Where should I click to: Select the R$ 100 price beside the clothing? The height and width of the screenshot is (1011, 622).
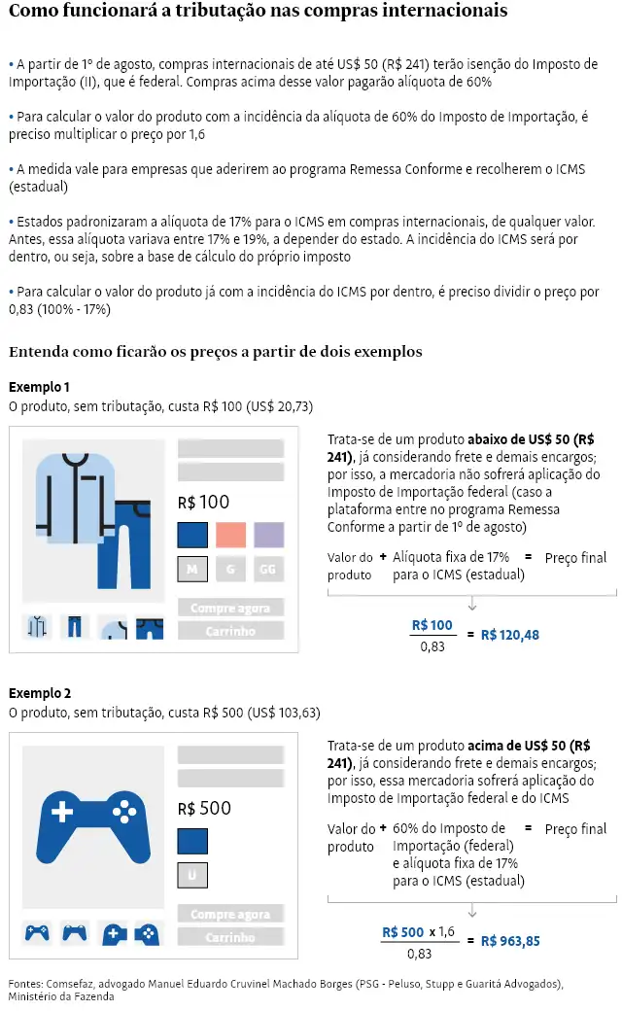click(204, 503)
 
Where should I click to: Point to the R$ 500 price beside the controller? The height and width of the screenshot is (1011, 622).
click(204, 809)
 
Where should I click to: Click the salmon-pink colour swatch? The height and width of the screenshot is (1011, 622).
click(230, 535)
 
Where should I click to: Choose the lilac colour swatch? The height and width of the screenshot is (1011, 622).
click(268, 535)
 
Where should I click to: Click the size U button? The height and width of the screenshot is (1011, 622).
click(192, 875)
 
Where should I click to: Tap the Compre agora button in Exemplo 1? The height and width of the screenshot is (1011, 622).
click(230, 609)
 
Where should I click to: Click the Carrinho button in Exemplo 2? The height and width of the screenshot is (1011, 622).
click(230, 937)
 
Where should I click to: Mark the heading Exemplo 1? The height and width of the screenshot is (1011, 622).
click(39, 386)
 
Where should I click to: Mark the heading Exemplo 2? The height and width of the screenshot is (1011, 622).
click(39, 693)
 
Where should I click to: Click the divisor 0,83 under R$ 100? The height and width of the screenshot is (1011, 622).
click(432, 645)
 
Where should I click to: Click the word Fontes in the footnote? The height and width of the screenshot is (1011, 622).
click(27, 984)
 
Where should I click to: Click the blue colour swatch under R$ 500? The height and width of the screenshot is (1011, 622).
click(192, 841)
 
